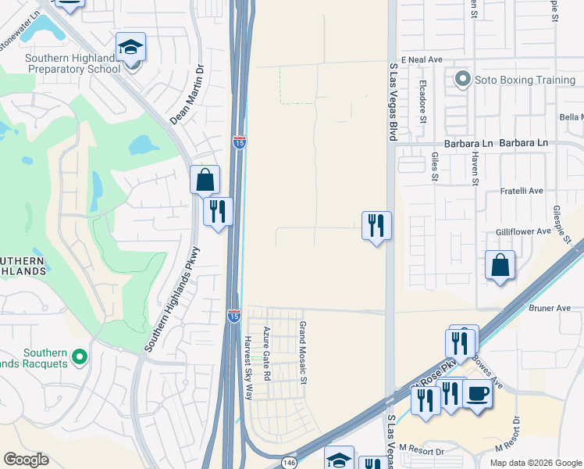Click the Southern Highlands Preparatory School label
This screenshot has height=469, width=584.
[x=73, y=63]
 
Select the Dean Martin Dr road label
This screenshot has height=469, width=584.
[x=187, y=95]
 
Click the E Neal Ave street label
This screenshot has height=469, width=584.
[x=422, y=59]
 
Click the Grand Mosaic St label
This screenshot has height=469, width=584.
[x=304, y=353]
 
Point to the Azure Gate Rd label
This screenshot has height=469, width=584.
[x=267, y=353]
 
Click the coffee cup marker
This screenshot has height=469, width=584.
[x=477, y=393]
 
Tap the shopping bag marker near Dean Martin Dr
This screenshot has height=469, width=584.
[x=205, y=180]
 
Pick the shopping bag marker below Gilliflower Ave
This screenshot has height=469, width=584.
[x=500, y=265]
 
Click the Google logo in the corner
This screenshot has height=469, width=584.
[x=26, y=460]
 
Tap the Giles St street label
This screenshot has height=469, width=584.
[x=435, y=166]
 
